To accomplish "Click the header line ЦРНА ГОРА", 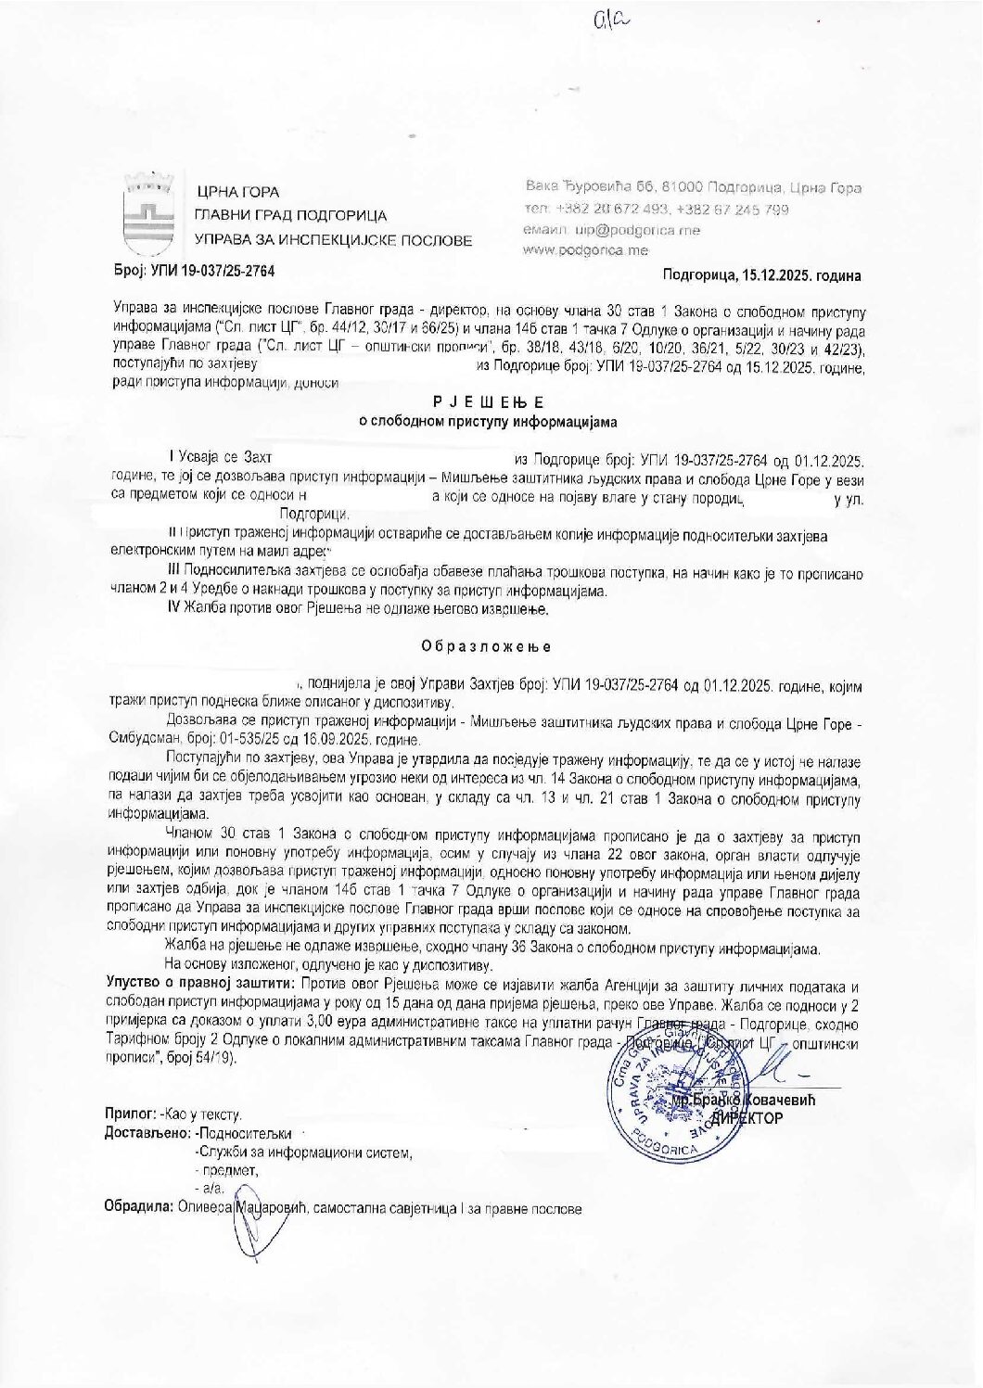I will [224, 193].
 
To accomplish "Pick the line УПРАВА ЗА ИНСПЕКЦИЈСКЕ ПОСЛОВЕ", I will [333, 240].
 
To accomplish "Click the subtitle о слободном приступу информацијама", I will [488, 421].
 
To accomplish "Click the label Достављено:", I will [148, 1133].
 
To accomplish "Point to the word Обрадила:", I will [140, 1209].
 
